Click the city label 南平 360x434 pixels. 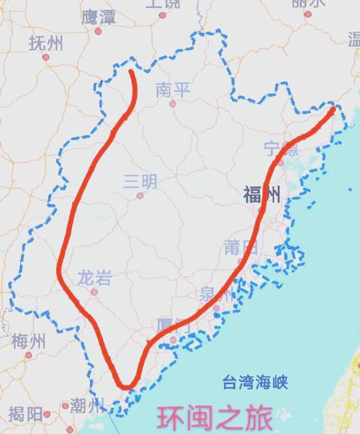(173, 89)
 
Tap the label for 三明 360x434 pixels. (139, 181)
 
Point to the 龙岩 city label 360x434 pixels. (94, 277)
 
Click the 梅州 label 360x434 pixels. (29, 340)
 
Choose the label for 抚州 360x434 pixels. (45, 42)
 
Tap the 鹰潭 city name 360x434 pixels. (99, 17)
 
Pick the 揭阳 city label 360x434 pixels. (26, 414)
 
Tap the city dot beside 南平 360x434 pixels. (172, 104)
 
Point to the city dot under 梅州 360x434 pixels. (29, 354)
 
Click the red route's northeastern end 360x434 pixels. (333, 111)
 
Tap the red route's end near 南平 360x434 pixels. (131, 72)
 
